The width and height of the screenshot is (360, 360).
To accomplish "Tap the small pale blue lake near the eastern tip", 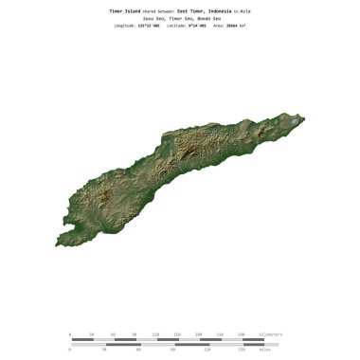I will [x=296, y=122].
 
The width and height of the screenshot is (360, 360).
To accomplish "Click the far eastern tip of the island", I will [x=304, y=118].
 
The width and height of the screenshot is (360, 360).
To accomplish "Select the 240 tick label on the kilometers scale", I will [x=241, y=334].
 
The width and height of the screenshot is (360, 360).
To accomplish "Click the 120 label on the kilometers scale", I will [x=155, y=334].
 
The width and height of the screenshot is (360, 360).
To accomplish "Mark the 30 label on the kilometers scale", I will [x=91, y=334].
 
